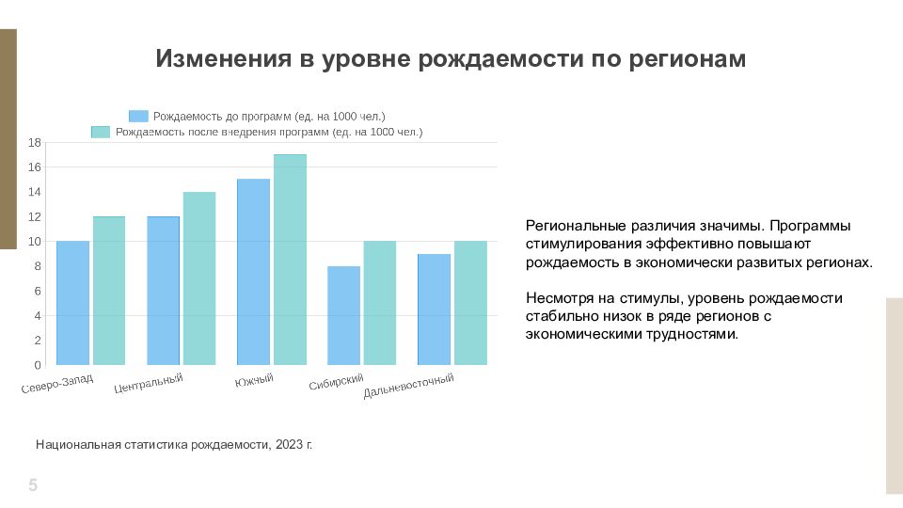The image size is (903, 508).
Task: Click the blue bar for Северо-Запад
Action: pos(72,303)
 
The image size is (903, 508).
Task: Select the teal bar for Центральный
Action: pos(199,278)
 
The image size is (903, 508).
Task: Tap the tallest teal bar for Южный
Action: pos(290,260)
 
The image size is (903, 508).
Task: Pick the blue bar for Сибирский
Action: pos(344,316)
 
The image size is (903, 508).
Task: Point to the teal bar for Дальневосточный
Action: pos(470,303)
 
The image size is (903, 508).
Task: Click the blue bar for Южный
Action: pos(253,272)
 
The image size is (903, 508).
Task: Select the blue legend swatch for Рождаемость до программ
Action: pos(138,117)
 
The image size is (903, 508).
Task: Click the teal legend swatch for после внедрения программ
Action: pos(101,132)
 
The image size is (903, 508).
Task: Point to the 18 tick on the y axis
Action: pos(35,142)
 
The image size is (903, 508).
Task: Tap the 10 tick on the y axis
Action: pos(35,242)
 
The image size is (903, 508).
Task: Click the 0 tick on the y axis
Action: pos(38,365)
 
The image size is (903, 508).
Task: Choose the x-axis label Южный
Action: pos(254,380)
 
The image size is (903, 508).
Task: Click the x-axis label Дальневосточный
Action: pos(408,386)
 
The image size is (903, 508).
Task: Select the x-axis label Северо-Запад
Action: pos(57,384)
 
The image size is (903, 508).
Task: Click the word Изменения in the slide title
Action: pos(224,58)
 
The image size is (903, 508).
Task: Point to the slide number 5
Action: pos(33,485)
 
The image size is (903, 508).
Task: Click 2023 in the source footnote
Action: pos(289,445)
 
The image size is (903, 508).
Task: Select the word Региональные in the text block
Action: pos(576,227)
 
